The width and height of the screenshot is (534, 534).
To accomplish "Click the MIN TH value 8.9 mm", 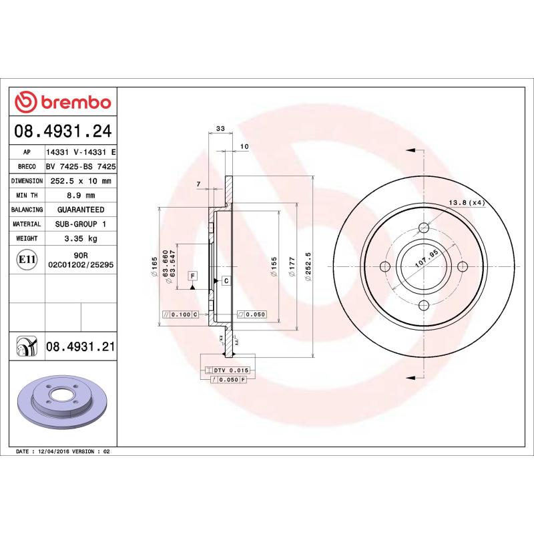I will click(81, 195).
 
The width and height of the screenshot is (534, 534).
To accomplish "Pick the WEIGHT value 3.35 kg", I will click(81, 238).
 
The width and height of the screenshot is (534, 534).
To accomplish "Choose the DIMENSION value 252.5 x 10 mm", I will click(81, 181).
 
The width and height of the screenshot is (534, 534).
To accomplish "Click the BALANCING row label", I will click(27, 210).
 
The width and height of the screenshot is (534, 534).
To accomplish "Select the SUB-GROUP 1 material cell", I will click(81, 224).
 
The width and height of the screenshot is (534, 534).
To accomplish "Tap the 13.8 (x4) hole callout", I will click(465, 202).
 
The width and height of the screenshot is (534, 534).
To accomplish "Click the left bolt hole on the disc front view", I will click(384, 267).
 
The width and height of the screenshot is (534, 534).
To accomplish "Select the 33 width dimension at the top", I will click(220, 128).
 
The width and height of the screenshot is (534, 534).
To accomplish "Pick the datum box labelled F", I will click(193, 276).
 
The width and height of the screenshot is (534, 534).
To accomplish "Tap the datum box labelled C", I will click(226, 280).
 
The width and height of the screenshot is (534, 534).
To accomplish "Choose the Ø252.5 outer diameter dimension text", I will click(308, 268).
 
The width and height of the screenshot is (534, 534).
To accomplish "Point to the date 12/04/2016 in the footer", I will click(55, 452).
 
